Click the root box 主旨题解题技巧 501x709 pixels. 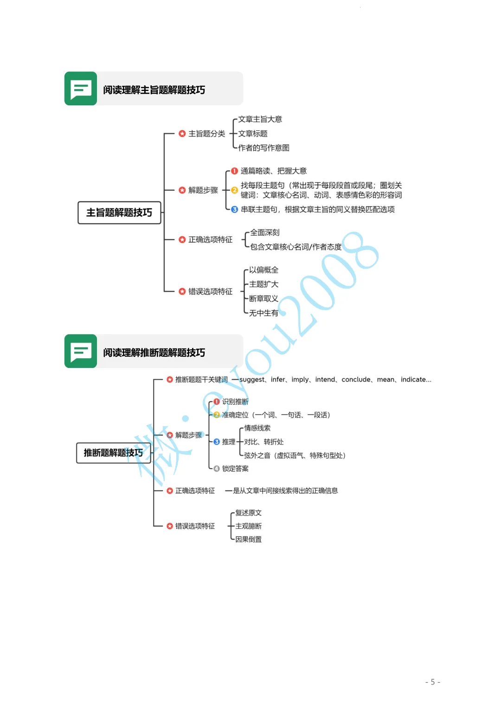(x=119, y=213)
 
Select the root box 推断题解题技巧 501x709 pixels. (x=113, y=452)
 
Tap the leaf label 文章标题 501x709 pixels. (x=253, y=134)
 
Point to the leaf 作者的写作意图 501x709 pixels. (x=263, y=148)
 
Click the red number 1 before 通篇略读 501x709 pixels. (x=234, y=171)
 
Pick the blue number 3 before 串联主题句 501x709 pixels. (x=234, y=209)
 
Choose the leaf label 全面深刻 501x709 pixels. (x=265, y=232)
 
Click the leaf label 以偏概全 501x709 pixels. (x=263, y=270)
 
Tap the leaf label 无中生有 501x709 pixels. (x=263, y=313)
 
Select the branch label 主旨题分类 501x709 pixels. (x=206, y=134)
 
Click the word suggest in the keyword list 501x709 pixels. (x=252, y=380)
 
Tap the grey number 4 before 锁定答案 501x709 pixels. (x=216, y=469)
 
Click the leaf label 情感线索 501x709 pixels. (x=257, y=428)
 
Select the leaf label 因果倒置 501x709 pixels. (x=248, y=539)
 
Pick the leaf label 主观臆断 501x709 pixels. (x=248, y=526)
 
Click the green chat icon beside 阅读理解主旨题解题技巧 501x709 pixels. (x=81, y=88)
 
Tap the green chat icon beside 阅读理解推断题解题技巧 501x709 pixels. (x=81, y=351)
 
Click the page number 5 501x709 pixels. (x=432, y=682)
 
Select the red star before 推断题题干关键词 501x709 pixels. (x=170, y=380)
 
